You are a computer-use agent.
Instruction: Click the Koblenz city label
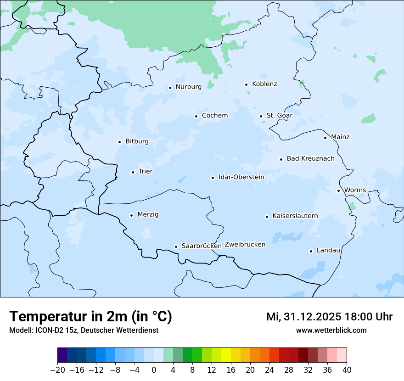(264, 84)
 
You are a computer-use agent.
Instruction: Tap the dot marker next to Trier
(133, 172)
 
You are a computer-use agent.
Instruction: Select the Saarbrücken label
(202, 246)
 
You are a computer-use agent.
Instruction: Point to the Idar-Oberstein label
(241, 177)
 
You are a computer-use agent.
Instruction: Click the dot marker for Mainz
(325, 138)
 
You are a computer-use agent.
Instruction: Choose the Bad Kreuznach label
(310, 158)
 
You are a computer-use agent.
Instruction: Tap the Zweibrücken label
(245, 245)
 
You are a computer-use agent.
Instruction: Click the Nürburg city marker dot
(170, 88)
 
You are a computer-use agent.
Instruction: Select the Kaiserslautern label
(295, 216)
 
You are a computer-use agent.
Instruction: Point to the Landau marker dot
(311, 251)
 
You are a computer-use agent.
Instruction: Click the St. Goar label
(279, 116)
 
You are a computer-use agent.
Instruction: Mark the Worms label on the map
(355, 190)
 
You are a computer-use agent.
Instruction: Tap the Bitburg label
(137, 141)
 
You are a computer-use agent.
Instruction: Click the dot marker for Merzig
(131, 215)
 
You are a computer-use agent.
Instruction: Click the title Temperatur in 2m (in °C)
(90, 317)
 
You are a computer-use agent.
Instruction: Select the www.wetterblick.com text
(331, 331)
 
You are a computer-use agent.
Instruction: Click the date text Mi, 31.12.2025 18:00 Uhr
(329, 317)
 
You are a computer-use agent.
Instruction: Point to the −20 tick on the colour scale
(58, 370)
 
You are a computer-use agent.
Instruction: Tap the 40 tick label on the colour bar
(347, 370)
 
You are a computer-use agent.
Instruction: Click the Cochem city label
(215, 116)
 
